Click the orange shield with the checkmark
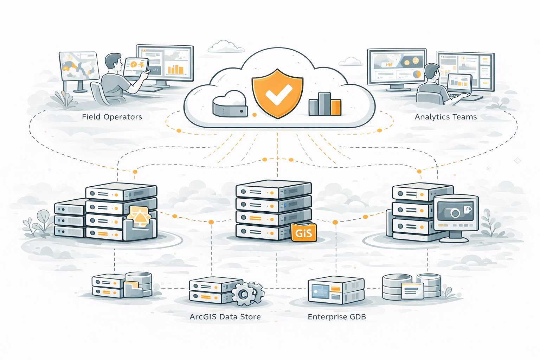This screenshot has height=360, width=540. [x=277, y=93]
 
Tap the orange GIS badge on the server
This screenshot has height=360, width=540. [x=304, y=233]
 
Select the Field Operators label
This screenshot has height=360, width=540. [x=112, y=117]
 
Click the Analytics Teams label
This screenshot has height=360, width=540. [x=445, y=117]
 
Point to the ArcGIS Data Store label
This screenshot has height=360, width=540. [x=225, y=317]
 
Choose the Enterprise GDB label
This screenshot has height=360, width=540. [x=336, y=317]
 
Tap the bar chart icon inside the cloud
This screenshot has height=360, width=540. [x=325, y=104]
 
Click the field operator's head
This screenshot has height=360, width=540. [x=113, y=62]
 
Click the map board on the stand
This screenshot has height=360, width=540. [x=79, y=66]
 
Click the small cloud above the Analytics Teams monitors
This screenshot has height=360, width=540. [x=351, y=62]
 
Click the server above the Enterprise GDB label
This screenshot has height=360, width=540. [x=335, y=290]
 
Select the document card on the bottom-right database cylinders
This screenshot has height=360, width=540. [x=412, y=290]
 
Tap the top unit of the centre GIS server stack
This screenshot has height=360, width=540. [x=273, y=190]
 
